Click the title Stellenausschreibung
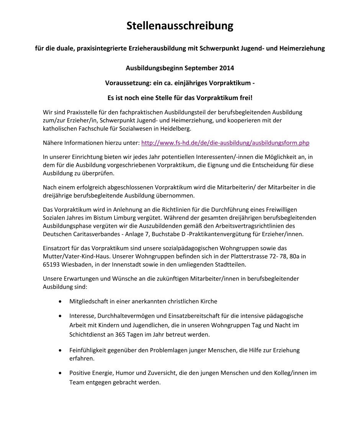180,26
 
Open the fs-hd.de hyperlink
225,143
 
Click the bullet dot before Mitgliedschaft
60,302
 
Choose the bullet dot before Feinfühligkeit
60,350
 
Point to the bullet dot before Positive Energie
60,373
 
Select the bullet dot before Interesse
60,316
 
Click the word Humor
118,373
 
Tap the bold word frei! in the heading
244,97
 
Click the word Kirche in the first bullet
208,302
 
